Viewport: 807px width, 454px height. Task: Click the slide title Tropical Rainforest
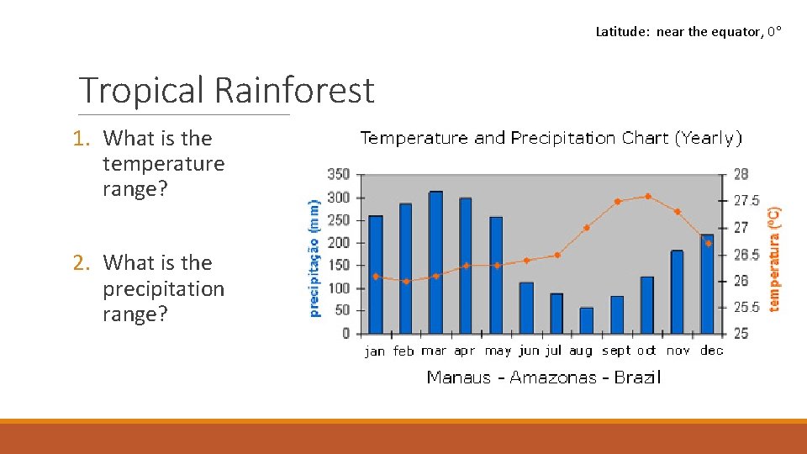point(225,90)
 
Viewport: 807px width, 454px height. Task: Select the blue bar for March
point(435,262)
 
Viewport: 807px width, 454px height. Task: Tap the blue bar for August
point(586,320)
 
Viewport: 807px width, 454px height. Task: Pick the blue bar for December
point(707,284)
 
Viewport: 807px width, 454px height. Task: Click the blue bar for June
point(526,308)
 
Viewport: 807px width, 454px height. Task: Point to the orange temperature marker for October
point(647,197)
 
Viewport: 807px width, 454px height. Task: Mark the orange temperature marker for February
point(406,282)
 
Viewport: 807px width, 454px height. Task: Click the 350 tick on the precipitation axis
point(338,175)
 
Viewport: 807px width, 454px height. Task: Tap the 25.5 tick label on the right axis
point(746,308)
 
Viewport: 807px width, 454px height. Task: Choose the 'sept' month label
point(616,351)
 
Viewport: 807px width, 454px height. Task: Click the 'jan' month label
point(375,351)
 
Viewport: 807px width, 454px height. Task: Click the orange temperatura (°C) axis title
point(774,259)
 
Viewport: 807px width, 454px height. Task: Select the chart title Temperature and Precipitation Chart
point(551,138)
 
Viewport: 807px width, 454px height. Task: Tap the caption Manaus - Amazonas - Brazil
point(543,377)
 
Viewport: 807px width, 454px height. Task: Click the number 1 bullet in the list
point(83,139)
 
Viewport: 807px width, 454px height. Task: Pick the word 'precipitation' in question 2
point(163,288)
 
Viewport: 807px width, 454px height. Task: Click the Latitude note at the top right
point(688,32)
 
